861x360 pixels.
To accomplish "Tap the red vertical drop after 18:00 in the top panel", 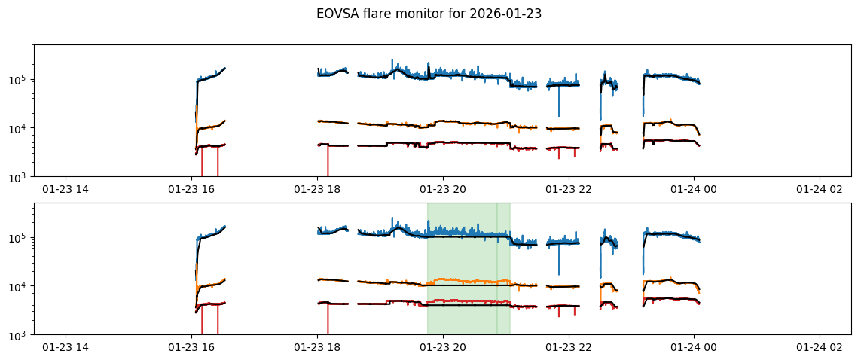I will (328, 162).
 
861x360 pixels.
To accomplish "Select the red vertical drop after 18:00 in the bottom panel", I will (328, 320).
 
